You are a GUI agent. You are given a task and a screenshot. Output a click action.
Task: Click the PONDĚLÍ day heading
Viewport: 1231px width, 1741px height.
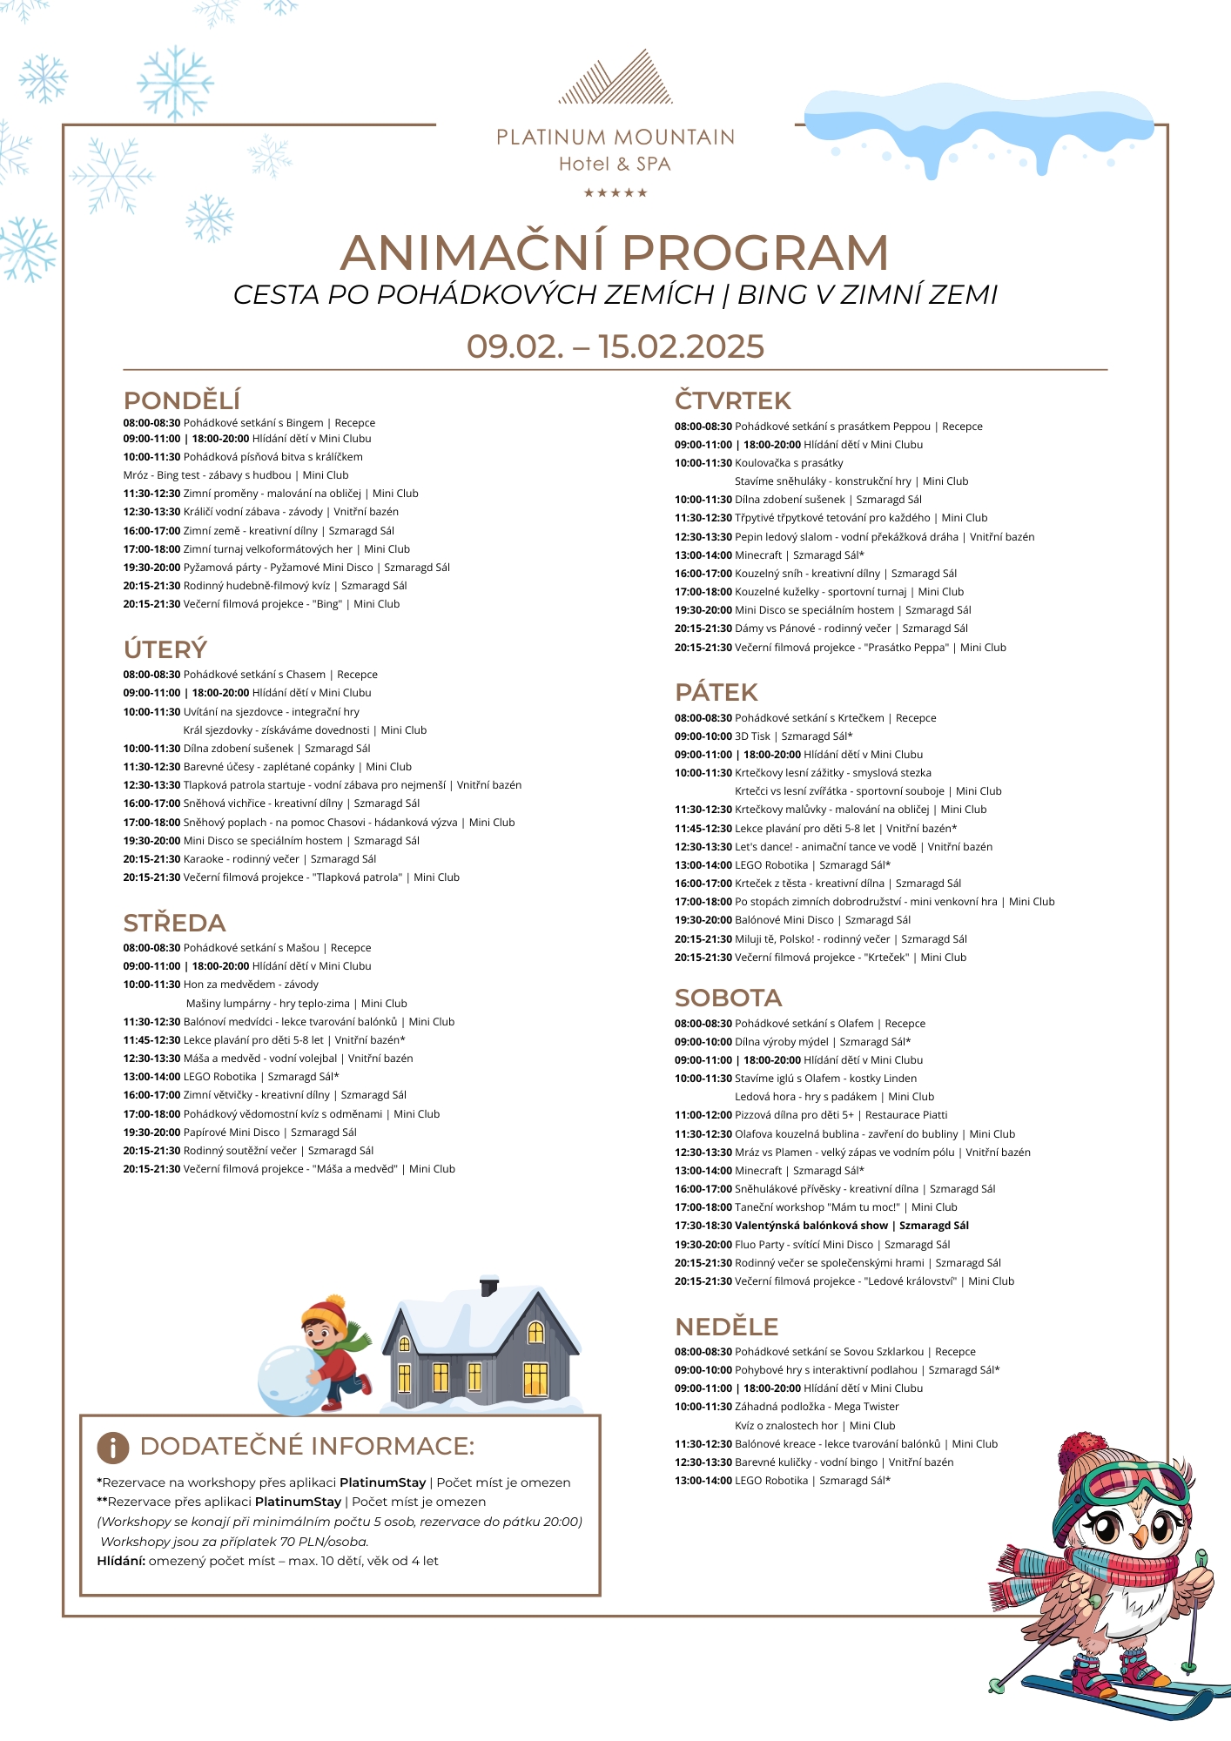[x=181, y=400]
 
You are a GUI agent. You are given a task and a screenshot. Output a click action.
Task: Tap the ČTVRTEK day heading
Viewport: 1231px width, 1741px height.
[x=732, y=400]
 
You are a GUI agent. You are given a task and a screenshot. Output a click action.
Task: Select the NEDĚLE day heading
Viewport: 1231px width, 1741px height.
[x=726, y=1327]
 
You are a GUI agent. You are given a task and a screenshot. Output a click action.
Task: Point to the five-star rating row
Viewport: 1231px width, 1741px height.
[x=615, y=192]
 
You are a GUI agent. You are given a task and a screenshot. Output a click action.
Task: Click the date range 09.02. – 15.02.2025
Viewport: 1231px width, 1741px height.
[x=615, y=346]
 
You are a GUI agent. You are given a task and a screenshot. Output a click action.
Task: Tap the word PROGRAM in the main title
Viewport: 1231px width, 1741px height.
[x=755, y=253]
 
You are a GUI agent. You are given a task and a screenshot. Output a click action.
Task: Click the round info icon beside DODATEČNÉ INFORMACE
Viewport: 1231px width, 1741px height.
[x=112, y=1447]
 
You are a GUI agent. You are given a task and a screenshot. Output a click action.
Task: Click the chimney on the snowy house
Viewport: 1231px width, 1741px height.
[x=489, y=1286]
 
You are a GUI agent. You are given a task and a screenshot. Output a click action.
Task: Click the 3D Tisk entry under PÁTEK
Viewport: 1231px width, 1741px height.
[x=752, y=736]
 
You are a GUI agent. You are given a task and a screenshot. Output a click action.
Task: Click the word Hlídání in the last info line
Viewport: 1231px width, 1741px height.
[x=120, y=1561]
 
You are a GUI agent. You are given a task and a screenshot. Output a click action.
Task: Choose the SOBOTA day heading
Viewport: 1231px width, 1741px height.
[x=728, y=998]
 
